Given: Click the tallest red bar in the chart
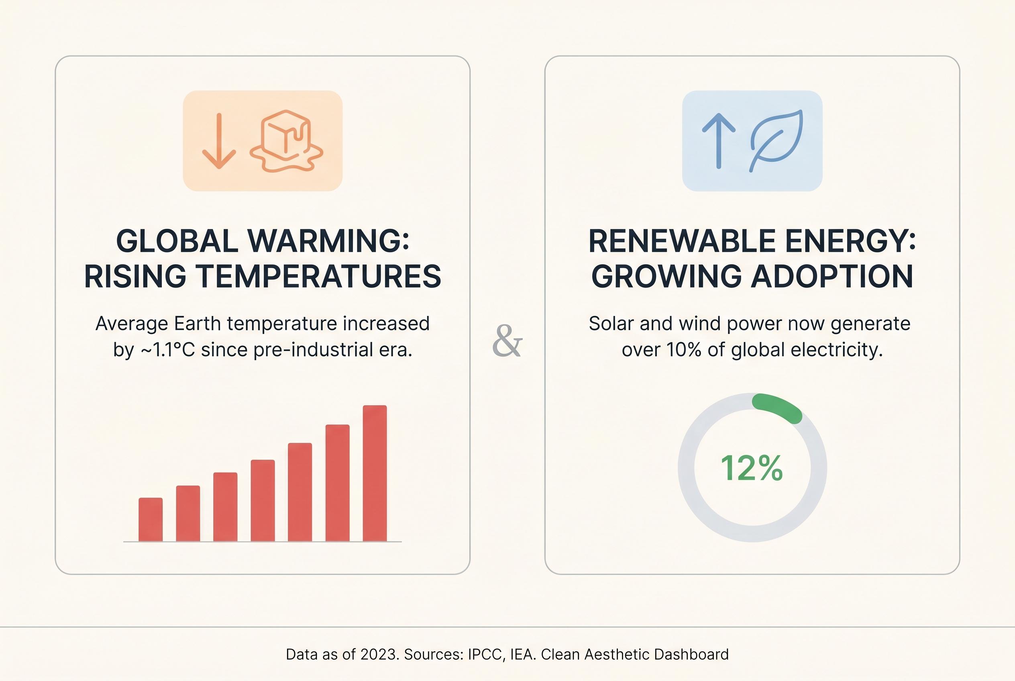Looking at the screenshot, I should (x=374, y=473).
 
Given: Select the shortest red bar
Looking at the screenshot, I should (x=150, y=520).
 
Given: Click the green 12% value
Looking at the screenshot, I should (x=752, y=468).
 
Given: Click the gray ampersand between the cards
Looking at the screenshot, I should (x=507, y=341).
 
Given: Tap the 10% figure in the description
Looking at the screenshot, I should (x=683, y=350).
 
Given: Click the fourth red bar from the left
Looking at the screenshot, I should (x=262, y=500).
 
